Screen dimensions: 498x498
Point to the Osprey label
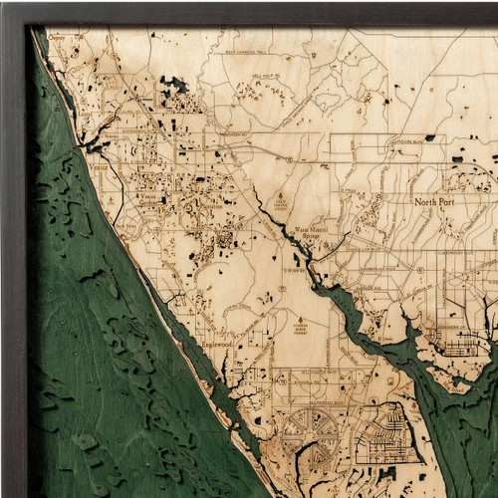(55, 39)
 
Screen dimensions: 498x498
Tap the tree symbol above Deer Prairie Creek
(282, 195)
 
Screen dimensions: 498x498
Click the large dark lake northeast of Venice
(176, 86)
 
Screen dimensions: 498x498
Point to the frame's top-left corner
(4, 4)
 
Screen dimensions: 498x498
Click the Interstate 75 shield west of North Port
(289, 158)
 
